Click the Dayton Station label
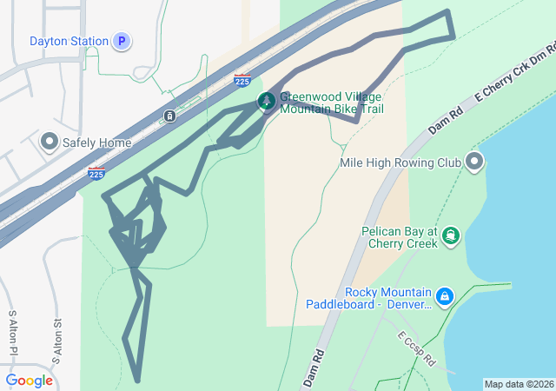[69, 41]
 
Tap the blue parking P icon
[122, 41]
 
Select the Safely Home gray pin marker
[49, 142]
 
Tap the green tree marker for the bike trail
[267, 103]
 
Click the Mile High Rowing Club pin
[474, 162]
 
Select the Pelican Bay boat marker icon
[451, 236]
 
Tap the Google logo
[29, 381]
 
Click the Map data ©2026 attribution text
[518, 384]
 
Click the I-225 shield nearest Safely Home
[96, 174]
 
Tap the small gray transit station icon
[169, 116]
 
